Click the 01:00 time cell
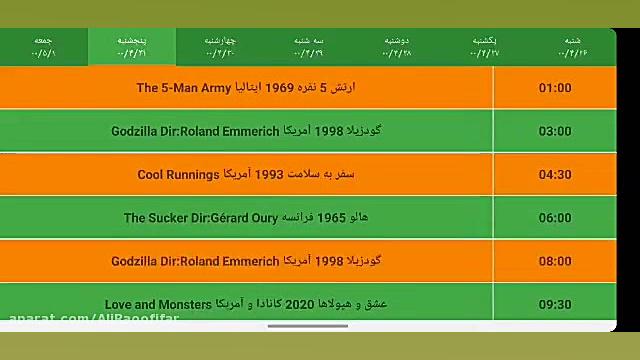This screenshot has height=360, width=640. (x=554, y=88)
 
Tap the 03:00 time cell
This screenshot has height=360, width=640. (x=554, y=131)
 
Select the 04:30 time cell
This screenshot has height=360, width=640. (x=554, y=175)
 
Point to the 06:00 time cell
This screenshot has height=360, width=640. (x=554, y=218)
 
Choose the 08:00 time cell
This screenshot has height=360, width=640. (x=554, y=261)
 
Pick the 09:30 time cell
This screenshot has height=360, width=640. (x=554, y=305)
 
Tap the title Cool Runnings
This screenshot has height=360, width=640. (x=178, y=175)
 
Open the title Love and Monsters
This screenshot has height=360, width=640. (x=158, y=304)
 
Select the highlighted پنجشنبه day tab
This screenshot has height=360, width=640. (x=131, y=46)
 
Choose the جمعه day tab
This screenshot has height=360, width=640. (x=43, y=46)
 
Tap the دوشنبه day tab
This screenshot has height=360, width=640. (x=396, y=46)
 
